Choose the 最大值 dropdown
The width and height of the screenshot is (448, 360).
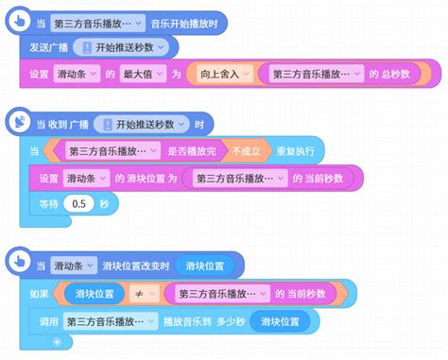point(138,73)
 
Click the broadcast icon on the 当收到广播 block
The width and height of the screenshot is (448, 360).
point(21,123)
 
